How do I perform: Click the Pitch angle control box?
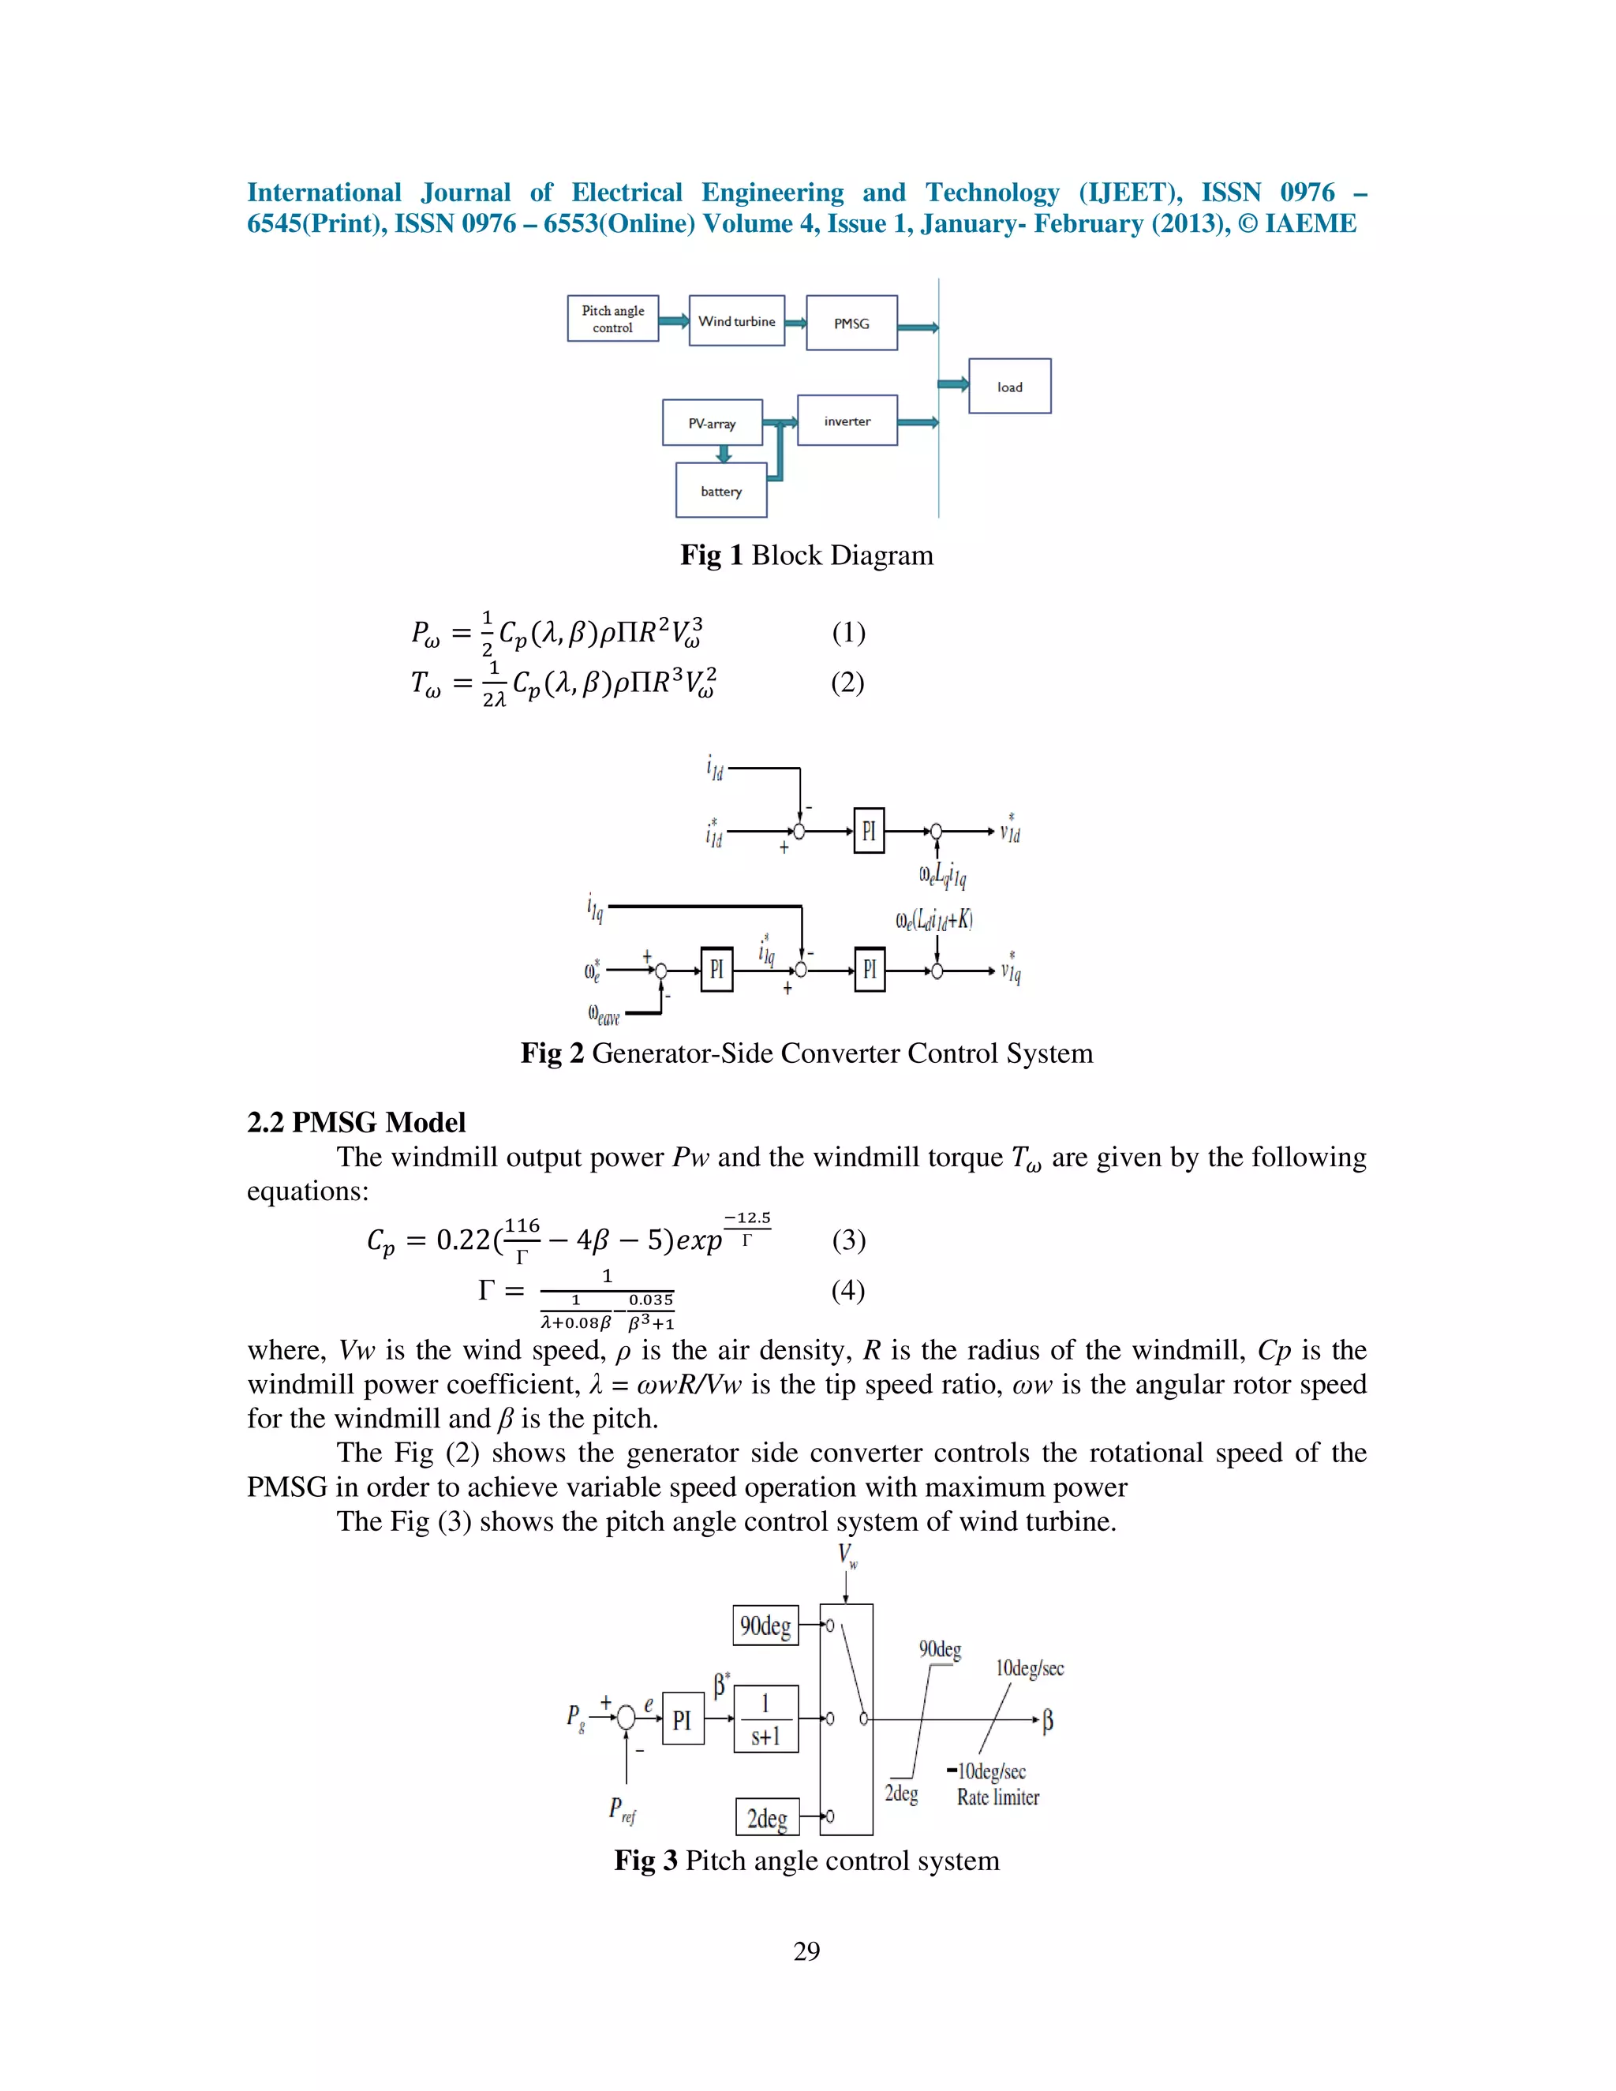612,319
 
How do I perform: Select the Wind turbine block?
736,320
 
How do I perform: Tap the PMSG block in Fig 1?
851,324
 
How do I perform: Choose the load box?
1009,387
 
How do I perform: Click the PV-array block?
713,423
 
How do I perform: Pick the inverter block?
847,421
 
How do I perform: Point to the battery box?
721,491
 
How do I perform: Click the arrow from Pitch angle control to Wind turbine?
674,320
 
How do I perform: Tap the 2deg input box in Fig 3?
767,1817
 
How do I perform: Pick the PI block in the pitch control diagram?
683,1719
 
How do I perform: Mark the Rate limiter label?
997,1798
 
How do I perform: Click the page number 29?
807,1951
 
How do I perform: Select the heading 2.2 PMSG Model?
356,1122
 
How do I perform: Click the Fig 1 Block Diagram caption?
807,555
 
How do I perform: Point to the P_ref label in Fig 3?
623,1809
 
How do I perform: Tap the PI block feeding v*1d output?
868,831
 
